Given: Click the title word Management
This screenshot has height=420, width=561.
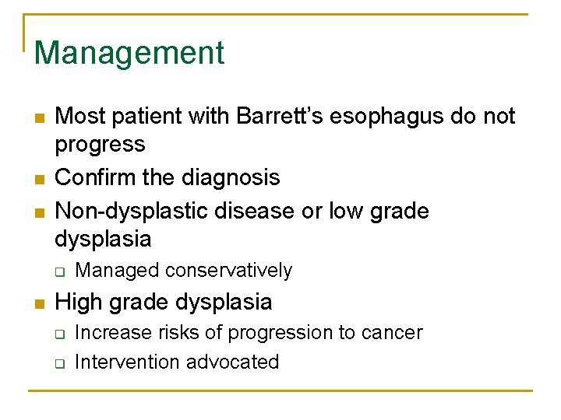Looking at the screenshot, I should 129,53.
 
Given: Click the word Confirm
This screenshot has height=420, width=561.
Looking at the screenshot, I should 97,177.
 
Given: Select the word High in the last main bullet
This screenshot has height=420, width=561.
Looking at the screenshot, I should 79,302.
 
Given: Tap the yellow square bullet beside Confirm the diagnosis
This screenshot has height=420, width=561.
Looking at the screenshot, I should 39,178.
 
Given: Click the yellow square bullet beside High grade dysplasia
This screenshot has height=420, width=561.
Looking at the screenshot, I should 39,303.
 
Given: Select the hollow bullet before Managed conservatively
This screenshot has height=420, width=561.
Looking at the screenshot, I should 59,271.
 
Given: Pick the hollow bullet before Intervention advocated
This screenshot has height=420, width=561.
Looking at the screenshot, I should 59,362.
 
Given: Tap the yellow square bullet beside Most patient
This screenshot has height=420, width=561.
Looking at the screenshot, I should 39,117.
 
